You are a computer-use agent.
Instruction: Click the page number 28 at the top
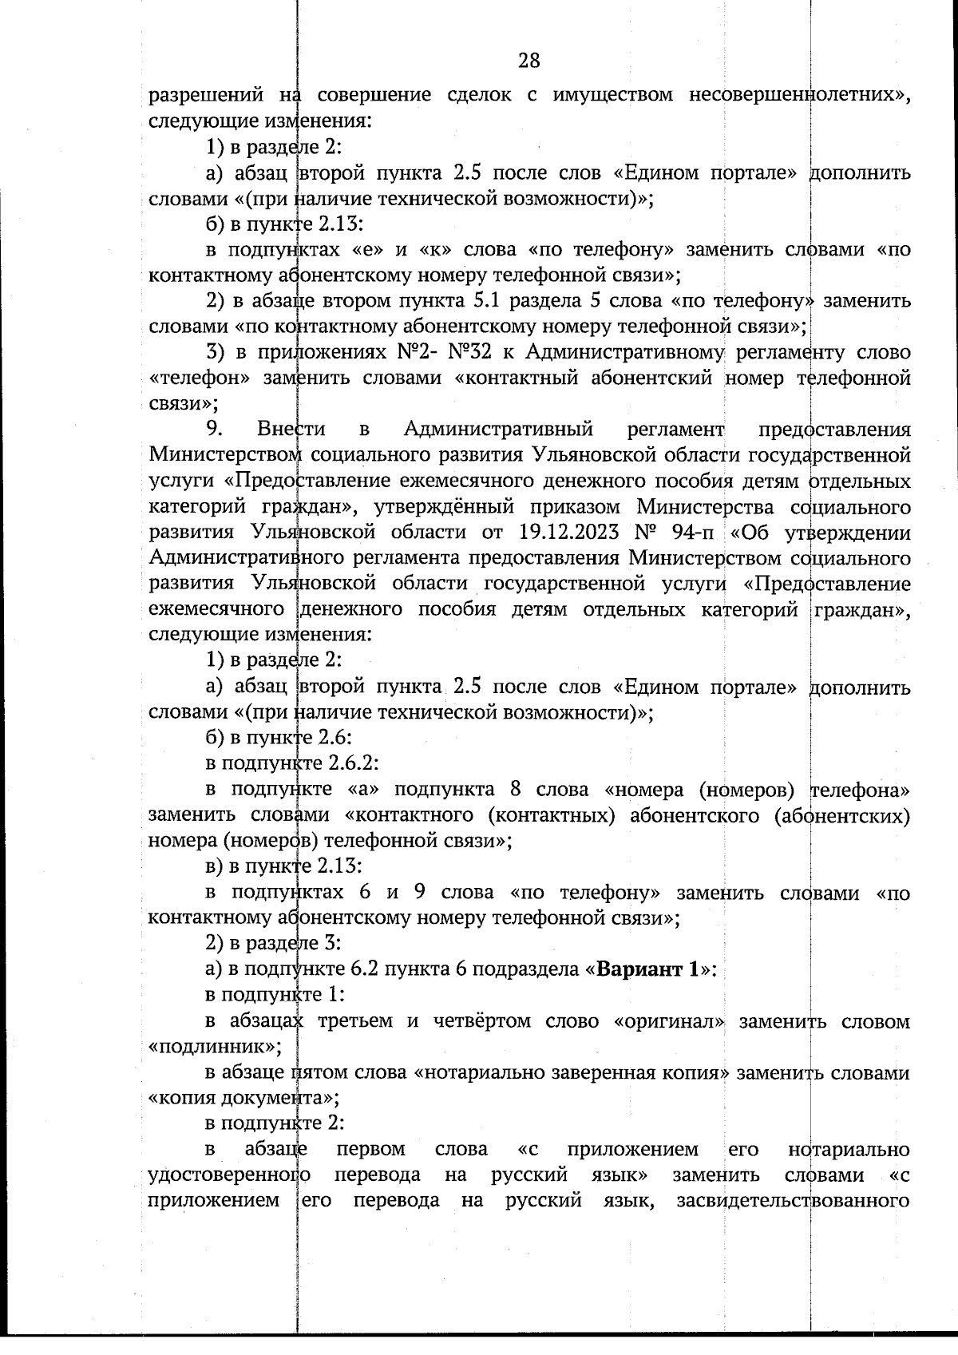(528, 61)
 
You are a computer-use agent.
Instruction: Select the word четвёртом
(477, 1021)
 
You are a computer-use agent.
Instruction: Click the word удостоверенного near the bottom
(231, 1175)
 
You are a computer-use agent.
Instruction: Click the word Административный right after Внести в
(498, 429)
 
